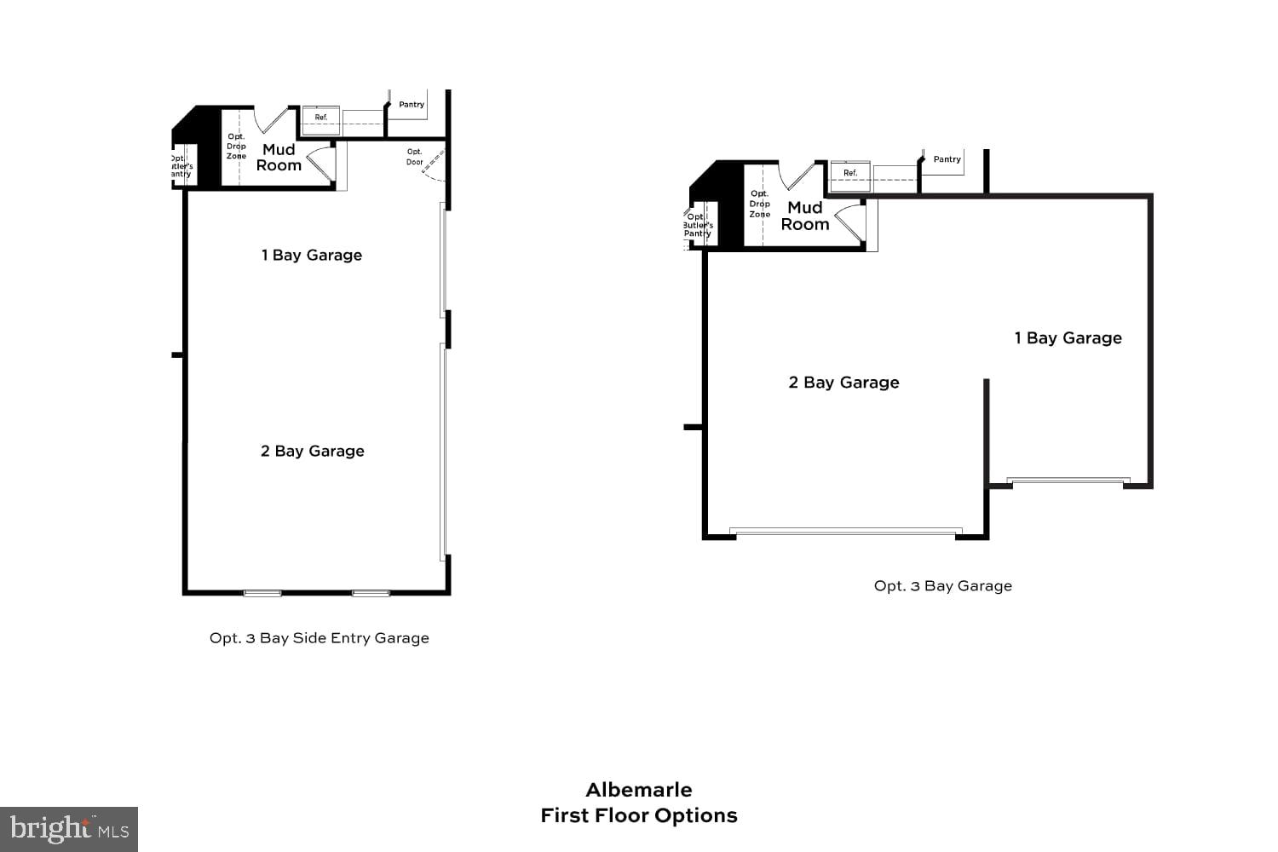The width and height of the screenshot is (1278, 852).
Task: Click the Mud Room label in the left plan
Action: [279, 158]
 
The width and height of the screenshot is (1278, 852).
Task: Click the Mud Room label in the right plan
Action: [804, 216]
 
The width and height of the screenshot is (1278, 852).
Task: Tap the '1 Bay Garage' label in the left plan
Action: [311, 255]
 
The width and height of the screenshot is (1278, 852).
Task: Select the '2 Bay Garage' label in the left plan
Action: [312, 451]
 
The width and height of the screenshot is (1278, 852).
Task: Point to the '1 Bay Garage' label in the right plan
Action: [1068, 338]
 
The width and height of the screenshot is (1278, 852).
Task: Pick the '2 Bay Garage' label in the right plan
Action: [843, 383]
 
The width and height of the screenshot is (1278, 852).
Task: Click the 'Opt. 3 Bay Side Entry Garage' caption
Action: [319, 638]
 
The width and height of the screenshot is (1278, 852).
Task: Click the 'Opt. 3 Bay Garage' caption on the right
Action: [942, 586]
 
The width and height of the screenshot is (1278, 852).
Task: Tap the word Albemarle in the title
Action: [638, 790]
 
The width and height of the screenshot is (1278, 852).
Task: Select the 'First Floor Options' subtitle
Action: [638, 815]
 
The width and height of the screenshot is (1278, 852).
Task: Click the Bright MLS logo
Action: [69, 829]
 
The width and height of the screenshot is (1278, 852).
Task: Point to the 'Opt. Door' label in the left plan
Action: [415, 157]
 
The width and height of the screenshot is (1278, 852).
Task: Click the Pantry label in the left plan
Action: [412, 105]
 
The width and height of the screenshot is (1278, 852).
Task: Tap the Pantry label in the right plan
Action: [947, 159]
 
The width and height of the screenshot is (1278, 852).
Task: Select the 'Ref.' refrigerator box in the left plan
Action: [321, 119]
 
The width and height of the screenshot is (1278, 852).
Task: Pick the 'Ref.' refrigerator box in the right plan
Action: [850, 174]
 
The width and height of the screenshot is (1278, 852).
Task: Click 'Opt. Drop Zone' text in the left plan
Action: [236, 147]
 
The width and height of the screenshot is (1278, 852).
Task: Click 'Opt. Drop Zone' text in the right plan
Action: [759, 204]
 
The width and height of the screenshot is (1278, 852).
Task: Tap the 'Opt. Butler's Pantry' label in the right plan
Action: [698, 225]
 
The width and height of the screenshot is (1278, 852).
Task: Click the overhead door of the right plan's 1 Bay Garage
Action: [1068, 481]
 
